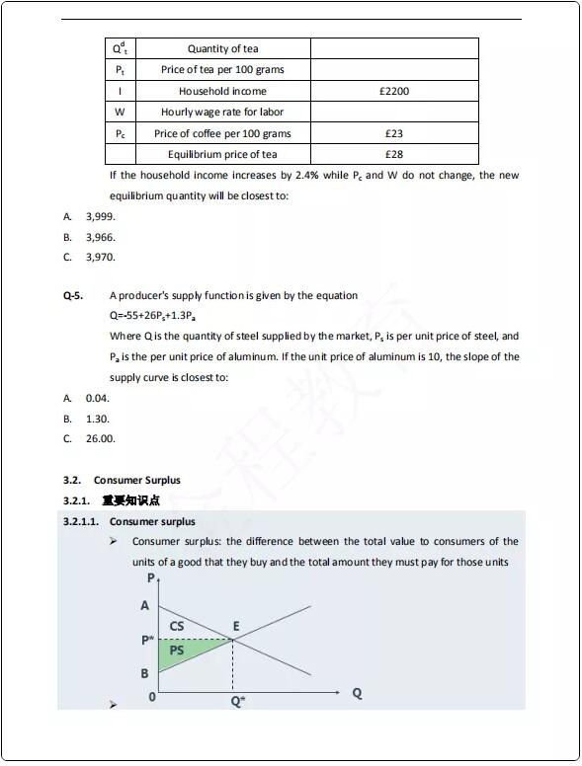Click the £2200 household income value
[x=393, y=91]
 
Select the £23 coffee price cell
[x=393, y=133]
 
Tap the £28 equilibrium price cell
[x=393, y=154]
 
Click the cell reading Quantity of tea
[x=222, y=48]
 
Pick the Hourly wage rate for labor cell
[x=222, y=112]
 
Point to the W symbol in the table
[x=120, y=112]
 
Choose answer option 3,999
[x=100, y=216]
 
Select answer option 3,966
[x=100, y=237]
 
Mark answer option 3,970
[x=100, y=257]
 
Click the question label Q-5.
[x=73, y=295]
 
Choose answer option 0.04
[x=97, y=398]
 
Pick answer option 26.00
[x=100, y=438]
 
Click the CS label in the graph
[x=177, y=626]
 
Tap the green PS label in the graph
[x=177, y=651]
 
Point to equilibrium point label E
[x=235, y=626]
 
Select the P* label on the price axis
[x=147, y=640]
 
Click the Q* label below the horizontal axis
[x=238, y=700]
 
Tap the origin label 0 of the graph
[x=151, y=697]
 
